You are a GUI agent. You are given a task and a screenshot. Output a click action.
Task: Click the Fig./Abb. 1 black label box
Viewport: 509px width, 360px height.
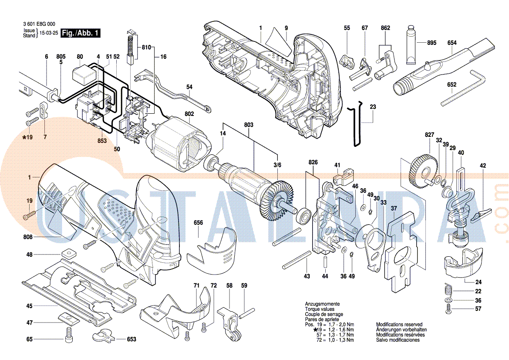81,33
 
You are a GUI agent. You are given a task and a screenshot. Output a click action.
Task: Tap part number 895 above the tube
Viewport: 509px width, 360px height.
431,43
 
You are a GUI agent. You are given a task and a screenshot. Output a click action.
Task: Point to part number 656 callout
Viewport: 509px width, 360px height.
198,223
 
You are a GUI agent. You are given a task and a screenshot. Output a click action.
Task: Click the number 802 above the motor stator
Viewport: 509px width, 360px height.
189,114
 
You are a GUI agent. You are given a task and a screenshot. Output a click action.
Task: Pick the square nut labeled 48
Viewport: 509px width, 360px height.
67,254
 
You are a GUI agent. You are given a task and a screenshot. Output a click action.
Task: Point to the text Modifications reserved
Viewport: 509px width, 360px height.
399,325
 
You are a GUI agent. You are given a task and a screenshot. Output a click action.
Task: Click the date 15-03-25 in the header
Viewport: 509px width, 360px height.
49,33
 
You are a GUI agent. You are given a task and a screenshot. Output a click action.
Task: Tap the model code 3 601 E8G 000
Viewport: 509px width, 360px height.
38,24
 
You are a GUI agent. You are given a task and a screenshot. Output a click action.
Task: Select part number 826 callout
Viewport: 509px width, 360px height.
313,162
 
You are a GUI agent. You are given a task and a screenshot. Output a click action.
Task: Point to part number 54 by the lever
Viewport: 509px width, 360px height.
189,87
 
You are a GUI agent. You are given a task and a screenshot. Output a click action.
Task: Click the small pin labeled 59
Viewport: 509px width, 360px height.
246,311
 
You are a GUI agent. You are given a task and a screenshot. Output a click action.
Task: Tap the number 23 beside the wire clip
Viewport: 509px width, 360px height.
373,107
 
